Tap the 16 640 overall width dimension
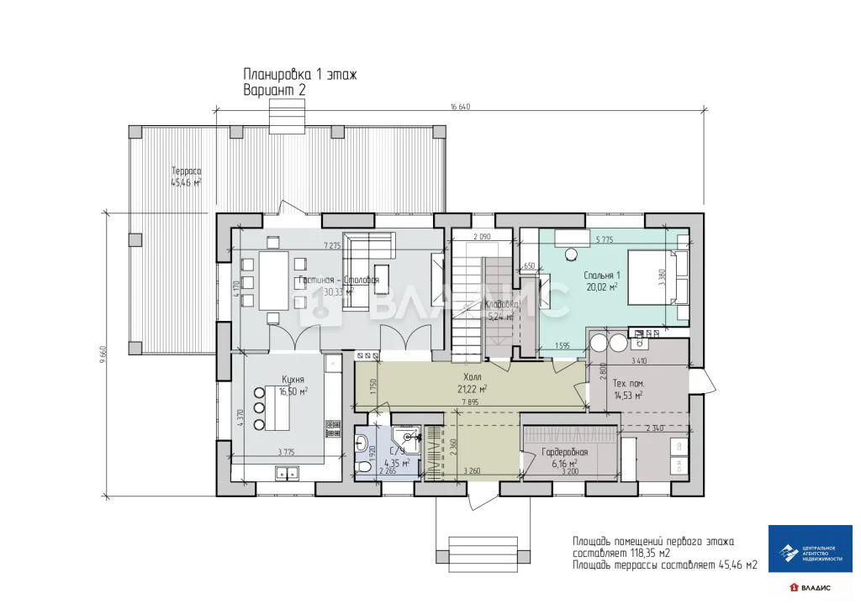click(x=460, y=107)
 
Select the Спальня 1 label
click(x=601, y=276)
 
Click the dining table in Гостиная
click(x=272, y=281)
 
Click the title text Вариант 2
click(x=274, y=88)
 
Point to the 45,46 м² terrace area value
click(x=186, y=182)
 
